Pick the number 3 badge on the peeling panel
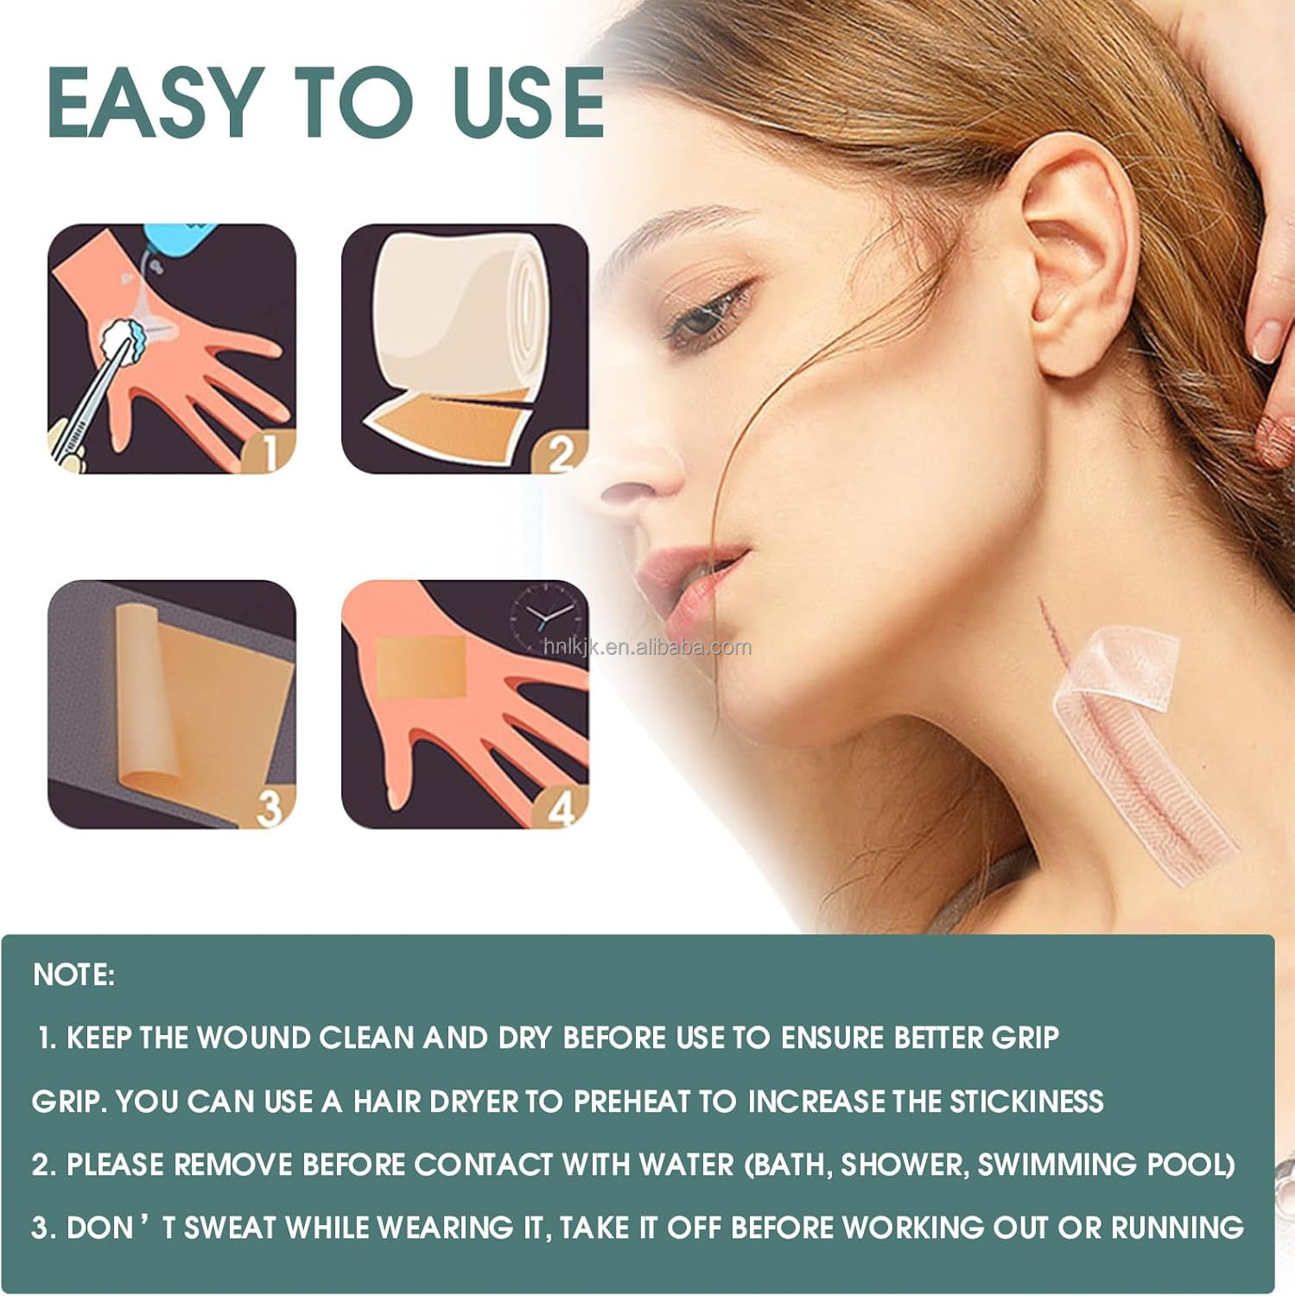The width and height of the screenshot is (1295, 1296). pos(270,808)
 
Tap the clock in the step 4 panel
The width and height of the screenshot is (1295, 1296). pos(543,616)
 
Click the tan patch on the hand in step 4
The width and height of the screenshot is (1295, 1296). pos(420,667)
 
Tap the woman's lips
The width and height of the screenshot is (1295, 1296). pos(691,579)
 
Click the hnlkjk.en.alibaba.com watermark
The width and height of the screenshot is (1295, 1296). pos(648,646)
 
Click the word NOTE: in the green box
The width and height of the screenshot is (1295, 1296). pos(74,975)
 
